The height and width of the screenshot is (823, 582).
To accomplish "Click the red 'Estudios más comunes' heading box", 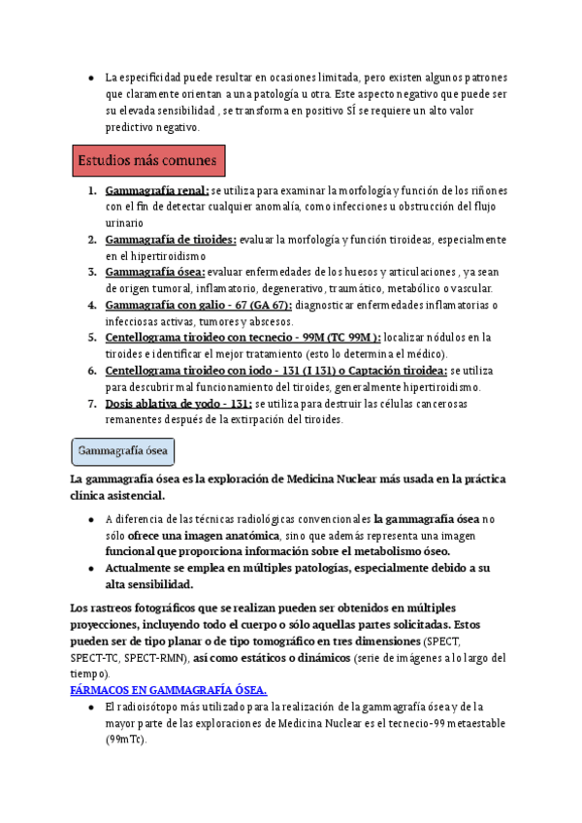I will [149, 159].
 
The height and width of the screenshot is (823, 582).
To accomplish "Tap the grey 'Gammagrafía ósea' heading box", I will [123, 451].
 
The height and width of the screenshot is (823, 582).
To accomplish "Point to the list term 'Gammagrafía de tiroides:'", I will [171, 240].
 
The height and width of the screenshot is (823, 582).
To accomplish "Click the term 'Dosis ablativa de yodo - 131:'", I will [178, 403].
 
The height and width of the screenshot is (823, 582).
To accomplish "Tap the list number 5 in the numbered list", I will [91, 338].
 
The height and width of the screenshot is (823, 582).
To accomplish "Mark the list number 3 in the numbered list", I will [91, 273].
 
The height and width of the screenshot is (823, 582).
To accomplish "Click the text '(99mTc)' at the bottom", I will [126, 740].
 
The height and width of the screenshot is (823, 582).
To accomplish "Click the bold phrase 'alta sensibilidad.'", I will [149, 584].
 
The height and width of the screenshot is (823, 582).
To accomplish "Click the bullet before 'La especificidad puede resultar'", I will [90, 78].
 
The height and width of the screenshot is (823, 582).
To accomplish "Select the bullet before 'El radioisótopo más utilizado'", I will [90, 707].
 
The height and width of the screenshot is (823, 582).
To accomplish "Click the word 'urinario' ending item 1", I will [125, 223].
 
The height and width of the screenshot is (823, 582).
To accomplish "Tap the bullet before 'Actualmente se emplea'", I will [90, 568].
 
